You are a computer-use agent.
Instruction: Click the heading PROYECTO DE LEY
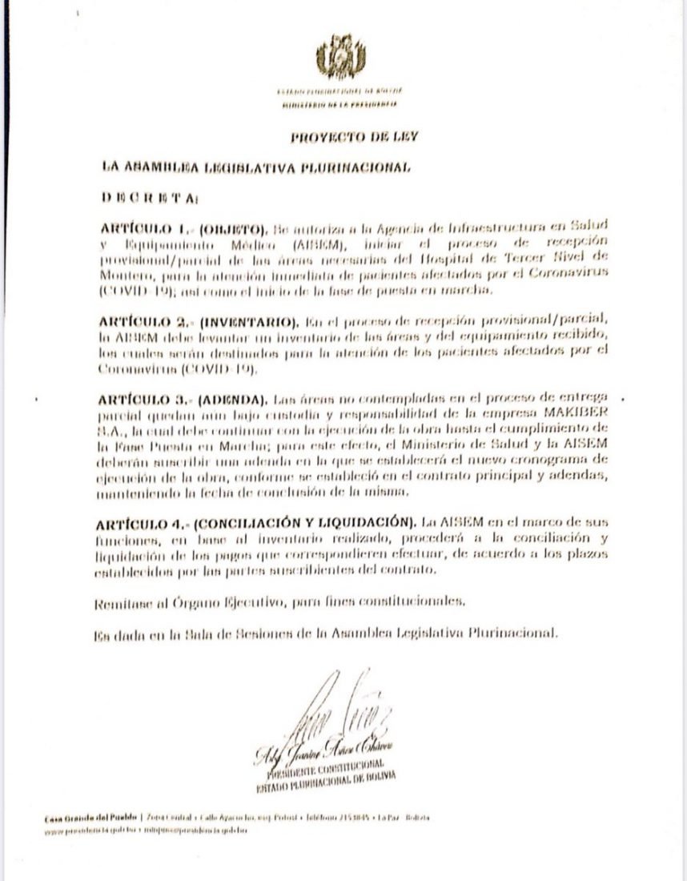343,137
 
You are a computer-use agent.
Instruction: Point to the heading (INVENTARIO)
247,324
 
